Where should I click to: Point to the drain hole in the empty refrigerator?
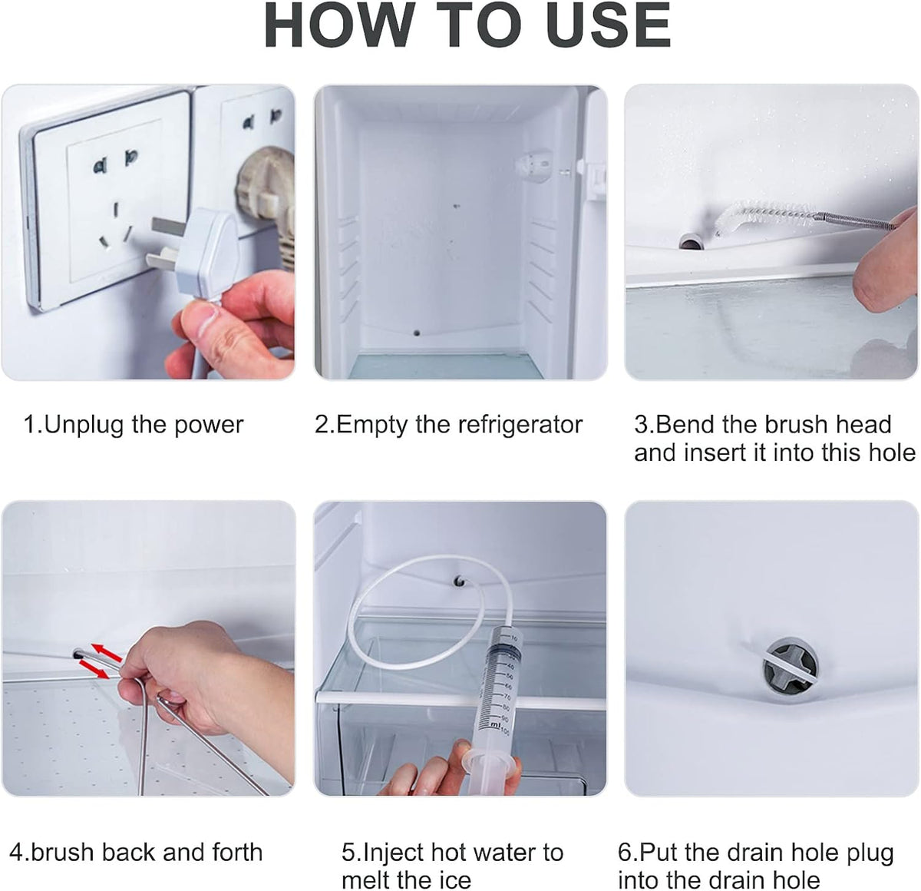[415, 334]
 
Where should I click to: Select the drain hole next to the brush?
[691, 243]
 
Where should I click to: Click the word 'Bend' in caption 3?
[686, 424]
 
